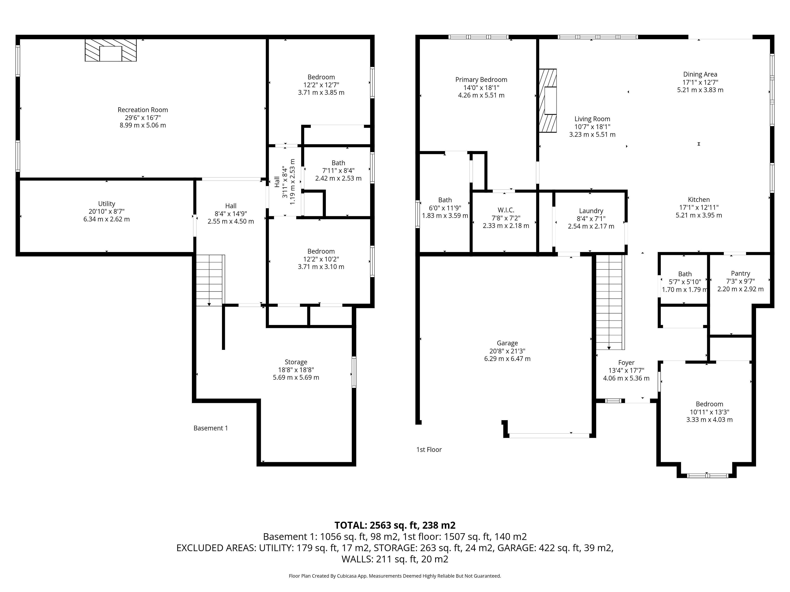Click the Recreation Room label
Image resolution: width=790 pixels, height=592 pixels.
click(x=143, y=110)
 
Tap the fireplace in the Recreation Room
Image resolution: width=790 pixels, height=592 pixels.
click(x=111, y=50)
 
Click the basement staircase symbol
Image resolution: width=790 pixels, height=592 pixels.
click(x=210, y=280)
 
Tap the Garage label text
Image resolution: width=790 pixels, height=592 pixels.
click(x=507, y=343)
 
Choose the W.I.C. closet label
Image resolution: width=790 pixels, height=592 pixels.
click(x=506, y=210)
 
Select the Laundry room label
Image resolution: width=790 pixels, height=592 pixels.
click(x=591, y=211)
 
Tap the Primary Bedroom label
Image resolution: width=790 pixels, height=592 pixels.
click(x=481, y=80)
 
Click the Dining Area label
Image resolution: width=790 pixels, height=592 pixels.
click(x=700, y=74)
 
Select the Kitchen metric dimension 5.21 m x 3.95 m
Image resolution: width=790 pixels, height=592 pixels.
click(x=699, y=215)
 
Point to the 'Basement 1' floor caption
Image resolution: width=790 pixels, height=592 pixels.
click(x=211, y=428)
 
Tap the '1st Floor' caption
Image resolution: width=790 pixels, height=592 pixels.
click(x=429, y=450)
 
